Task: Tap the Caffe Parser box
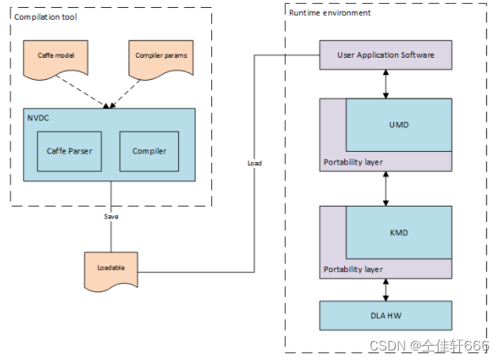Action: [x=69, y=151]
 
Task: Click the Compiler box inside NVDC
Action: [x=149, y=151]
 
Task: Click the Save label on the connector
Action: [x=111, y=216]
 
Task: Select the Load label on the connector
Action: [x=255, y=163]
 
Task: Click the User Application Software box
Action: [x=385, y=55]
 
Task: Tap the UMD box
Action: [x=398, y=124]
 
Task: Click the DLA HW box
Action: [x=385, y=315]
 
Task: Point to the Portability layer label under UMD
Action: [x=353, y=162]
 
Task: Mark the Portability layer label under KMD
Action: [x=353, y=270]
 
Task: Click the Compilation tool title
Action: [x=46, y=16]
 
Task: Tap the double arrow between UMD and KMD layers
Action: [x=385, y=188]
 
